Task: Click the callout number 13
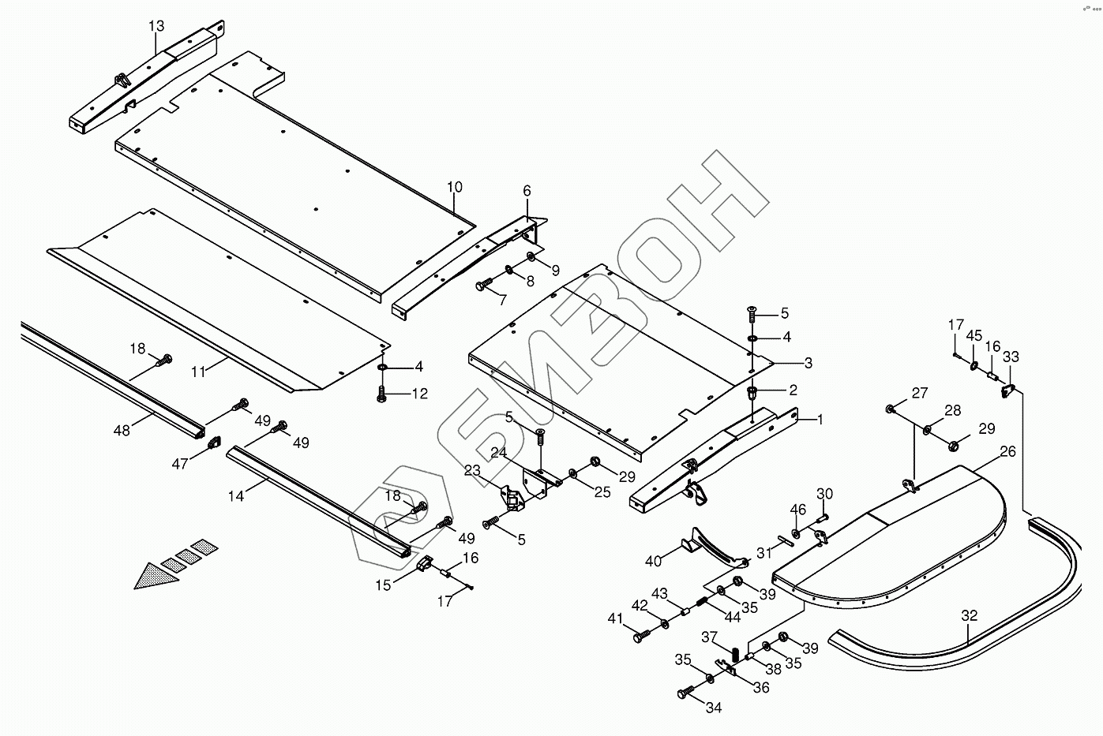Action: pyautogui.click(x=156, y=26)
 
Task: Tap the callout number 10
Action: pyautogui.click(x=455, y=188)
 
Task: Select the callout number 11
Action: pyautogui.click(x=198, y=371)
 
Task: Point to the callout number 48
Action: pyautogui.click(x=122, y=431)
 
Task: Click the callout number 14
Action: pyautogui.click(x=236, y=495)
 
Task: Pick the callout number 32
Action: pyautogui.click(x=969, y=615)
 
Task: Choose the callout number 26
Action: pyautogui.click(x=1007, y=452)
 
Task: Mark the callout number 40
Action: pyautogui.click(x=653, y=561)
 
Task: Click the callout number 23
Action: pyautogui.click(x=472, y=471)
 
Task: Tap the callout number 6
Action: pyautogui.click(x=527, y=191)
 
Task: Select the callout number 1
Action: pyautogui.click(x=820, y=420)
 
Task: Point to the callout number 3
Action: pyautogui.click(x=808, y=364)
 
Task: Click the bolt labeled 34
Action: pyautogui.click(x=685, y=693)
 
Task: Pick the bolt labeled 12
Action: pyautogui.click(x=383, y=392)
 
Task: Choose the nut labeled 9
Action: pyautogui.click(x=531, y=258)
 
